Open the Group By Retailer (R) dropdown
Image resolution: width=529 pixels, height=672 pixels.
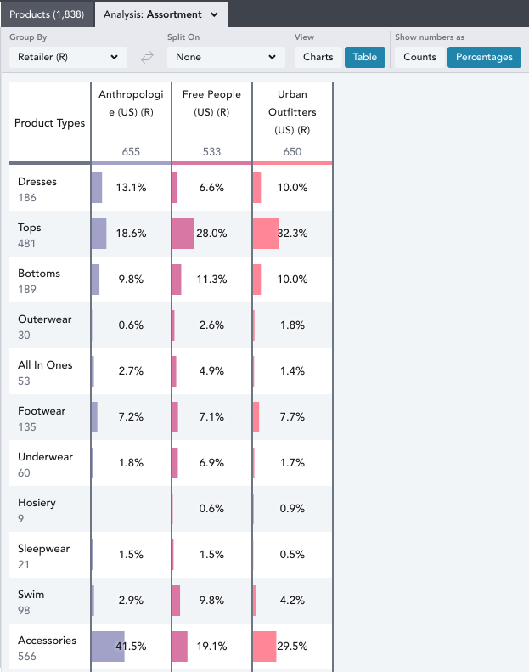click(69, 57)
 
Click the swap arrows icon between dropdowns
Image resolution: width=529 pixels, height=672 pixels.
click(147, 57)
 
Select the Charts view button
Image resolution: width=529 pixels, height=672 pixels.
click(318, 57)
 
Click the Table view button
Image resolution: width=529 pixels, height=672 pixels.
click(365, 57)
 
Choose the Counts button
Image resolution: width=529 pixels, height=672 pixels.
click(419, 57)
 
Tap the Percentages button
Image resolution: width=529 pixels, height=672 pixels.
click(484, 57)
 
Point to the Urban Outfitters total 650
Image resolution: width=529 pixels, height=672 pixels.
click(292, 151)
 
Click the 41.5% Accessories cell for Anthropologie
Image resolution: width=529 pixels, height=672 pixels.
click(131, 646)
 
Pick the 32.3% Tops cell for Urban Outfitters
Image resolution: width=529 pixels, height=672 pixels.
click(292, 233)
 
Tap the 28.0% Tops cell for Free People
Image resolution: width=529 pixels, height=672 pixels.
click(211, 233)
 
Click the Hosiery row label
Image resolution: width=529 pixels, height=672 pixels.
click(37, 503)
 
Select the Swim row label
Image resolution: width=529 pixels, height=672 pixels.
click(31, 595)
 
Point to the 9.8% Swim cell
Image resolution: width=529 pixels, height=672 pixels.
click(211, 600)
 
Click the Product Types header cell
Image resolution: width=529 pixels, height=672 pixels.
click(50, 123)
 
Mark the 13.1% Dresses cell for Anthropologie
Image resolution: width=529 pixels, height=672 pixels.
click(131, 187)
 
